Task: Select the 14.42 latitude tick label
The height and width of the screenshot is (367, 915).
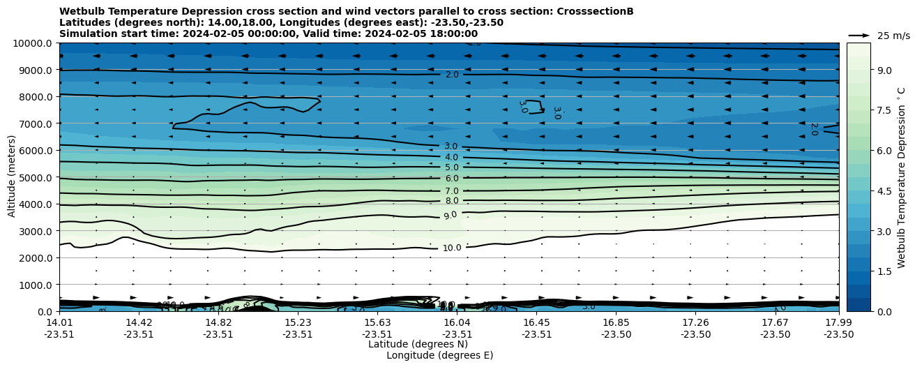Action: pos(139,322)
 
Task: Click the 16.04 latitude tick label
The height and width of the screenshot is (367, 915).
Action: pos(457,322)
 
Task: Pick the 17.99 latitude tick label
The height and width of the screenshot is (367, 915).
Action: pos(838,322)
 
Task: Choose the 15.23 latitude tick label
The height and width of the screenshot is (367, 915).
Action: pos(298,322)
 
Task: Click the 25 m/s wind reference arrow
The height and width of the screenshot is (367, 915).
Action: pos(859,35)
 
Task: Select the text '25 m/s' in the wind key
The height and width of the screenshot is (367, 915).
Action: pos(893,36)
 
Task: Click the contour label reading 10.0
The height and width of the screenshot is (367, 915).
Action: pos(452,248)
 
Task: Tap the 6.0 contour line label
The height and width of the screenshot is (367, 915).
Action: pos(452,179)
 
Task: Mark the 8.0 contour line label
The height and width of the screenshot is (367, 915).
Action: pos(452,201)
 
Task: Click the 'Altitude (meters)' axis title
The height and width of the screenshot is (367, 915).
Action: pos(12,176)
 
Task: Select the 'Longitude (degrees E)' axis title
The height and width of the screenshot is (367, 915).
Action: pos(439,355)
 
